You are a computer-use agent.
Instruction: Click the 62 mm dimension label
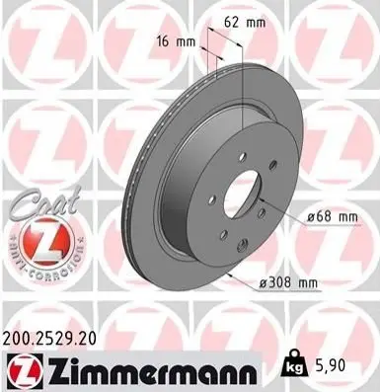(x=245, y=23)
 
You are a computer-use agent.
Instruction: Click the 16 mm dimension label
(x=176, y=41)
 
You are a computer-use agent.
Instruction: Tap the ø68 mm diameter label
(x=332, y=217)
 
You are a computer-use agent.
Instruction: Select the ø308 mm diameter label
(x=288, y=282)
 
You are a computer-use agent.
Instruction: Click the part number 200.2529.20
(x=49, y=339)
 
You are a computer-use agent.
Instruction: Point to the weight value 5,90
(x=327, y=365)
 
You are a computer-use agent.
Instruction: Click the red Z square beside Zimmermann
(x=25, y=370)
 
